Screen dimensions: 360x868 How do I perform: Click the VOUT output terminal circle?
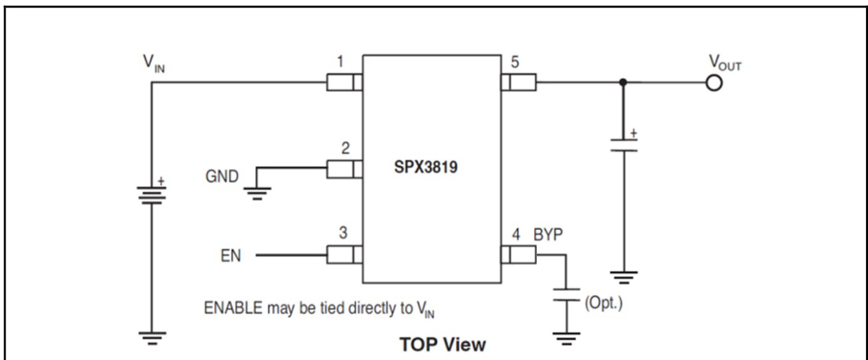click(714, 84)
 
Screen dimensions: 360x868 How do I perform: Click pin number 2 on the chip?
click(346, 148)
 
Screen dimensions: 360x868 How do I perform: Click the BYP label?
click(549, 235)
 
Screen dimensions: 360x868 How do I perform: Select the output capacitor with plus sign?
click(623, 145)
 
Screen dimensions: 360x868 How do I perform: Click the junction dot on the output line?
click(623, 84)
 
